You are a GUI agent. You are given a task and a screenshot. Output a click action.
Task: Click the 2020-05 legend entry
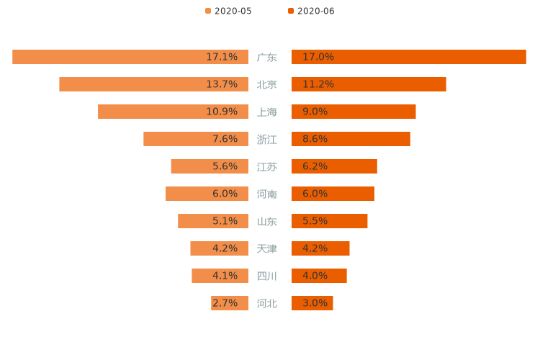click(228, 11)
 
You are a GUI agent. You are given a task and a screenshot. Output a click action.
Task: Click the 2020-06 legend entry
click(311, 11)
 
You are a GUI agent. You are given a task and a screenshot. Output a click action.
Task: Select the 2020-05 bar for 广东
click(130, 57)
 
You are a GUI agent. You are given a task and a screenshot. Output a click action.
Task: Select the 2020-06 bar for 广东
click(409, 57)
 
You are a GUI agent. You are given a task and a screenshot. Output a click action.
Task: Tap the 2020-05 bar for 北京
click(153, 84)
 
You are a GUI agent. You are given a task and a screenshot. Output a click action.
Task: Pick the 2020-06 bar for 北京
click(369, 84)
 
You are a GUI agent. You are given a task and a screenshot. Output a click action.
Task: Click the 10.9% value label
click(222, 112)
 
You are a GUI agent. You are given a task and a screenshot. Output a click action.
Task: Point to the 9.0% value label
click(315, 112)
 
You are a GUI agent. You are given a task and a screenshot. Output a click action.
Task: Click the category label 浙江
click(267, 139)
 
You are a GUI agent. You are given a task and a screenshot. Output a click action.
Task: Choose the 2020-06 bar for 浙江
click(351, 139)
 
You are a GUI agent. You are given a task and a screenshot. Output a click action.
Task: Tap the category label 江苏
click(267, 166)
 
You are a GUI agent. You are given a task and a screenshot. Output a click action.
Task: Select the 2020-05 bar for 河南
click(207, 194)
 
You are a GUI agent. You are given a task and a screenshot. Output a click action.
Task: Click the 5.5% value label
click(315, 221)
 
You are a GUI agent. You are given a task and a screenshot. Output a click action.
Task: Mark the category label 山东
click(267, 221)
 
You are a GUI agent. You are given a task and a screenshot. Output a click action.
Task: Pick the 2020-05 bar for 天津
click(219, 248)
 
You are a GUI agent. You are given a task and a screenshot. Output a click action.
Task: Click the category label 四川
click(267, 276)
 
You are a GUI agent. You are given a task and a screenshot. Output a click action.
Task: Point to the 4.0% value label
click(315, 276)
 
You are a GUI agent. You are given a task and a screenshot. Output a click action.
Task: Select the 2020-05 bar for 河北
click(230, 303)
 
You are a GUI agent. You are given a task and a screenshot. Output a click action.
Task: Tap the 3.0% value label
click(315, 303)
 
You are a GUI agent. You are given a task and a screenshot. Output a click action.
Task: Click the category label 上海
click(267, 112)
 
